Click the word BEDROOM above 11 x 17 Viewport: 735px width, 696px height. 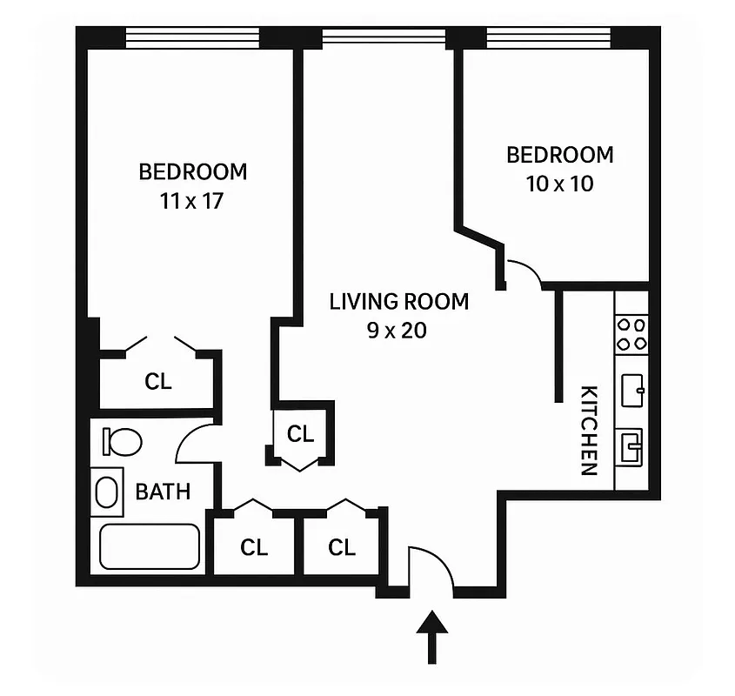click(x=192, y=171)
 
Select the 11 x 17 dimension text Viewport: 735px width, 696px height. click(x=192, y=201)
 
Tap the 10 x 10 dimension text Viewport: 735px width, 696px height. click(x=559, y=184)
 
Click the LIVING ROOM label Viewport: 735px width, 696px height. click(x=398, y=302)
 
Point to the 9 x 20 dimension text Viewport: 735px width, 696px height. click(x=398, y=331)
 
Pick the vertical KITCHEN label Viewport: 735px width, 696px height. click(x=589, y=430)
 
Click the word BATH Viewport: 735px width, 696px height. click(x=163, y=492)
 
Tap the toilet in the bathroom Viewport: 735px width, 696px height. click(x=120, y=440)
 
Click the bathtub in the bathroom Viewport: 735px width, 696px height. click(x=150, y=546)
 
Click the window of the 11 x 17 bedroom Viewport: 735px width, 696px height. click(x=192, y=37)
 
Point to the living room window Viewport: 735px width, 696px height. click(x=383, y=37)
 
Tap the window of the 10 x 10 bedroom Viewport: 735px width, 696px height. click(x=548, y=37)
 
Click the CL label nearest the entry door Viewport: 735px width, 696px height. click(x=342, y=547)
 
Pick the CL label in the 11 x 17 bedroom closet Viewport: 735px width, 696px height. click(x=158, y=381)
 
